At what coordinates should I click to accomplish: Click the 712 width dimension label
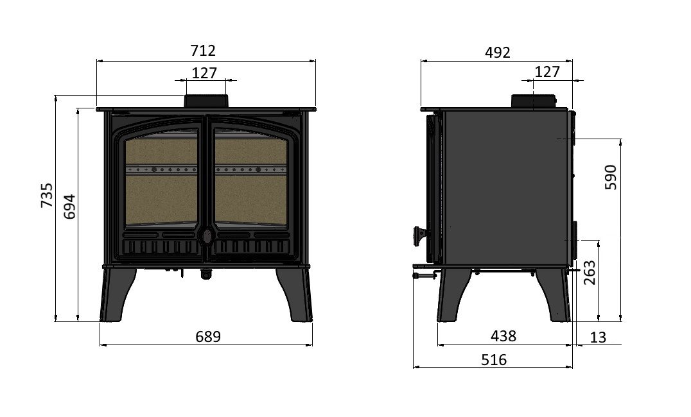coord(203,51)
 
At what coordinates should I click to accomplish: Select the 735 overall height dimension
coord(47,196)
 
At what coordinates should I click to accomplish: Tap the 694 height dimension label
coord(69,207)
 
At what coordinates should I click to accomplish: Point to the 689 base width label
coord(207,337)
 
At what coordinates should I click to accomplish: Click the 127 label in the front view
coord(204,73)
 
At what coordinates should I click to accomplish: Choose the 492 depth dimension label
coord(498,53)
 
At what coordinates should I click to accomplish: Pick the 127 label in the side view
coord(547,72)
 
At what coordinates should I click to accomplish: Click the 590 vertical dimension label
coord(611,177)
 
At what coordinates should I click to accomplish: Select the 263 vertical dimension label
coord(589,273)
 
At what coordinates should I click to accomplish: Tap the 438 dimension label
coord(503,336)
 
